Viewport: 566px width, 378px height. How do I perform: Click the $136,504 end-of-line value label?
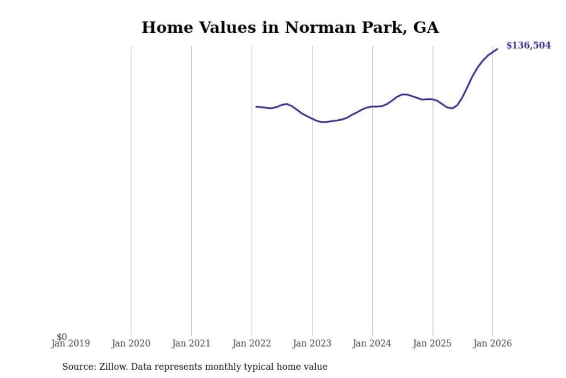pos(528,45)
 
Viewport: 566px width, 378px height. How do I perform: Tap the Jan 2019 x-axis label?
pos(71,344)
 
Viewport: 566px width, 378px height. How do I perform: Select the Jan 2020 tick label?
pos(131,343)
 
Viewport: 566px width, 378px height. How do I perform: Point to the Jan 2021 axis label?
pos(191,343)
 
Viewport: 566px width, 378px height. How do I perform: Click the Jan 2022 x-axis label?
pos(252,343)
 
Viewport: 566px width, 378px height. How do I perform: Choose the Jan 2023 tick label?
pos(312,343)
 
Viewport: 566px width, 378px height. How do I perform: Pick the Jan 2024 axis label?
pos(372,343)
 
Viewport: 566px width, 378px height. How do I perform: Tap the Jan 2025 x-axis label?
pos(432,343)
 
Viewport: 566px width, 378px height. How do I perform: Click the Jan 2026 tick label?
pos(492,343)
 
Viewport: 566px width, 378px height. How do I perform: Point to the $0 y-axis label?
pos(62,337)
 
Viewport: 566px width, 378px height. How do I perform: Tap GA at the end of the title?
pos(426,28)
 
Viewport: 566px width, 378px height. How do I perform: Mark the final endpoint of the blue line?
pos(497,49)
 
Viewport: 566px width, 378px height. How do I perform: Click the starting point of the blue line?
pos(256,107)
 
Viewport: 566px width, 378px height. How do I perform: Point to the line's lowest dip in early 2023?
pos(323,122)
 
